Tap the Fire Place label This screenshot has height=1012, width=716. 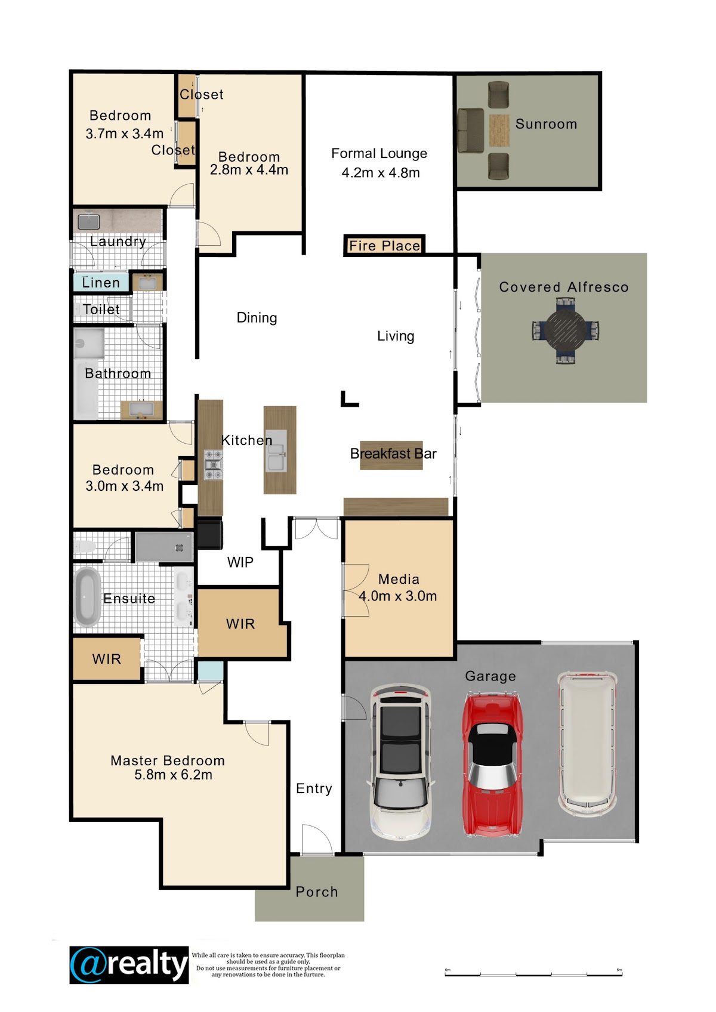385,246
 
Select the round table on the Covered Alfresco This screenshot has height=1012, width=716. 566,331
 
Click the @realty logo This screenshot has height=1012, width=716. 129,964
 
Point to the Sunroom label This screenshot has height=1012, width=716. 546,124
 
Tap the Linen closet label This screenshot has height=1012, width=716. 101,283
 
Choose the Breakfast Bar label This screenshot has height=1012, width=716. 393,453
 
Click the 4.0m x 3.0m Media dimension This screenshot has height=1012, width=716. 398,596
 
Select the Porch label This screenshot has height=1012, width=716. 316,892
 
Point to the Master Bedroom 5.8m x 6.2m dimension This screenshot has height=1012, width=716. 173,775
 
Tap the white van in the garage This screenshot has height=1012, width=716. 587,742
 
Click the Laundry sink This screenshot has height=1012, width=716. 88,221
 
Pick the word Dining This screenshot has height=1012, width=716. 257,318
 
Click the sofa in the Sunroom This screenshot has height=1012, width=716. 471,130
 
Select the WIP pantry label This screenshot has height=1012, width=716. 240,562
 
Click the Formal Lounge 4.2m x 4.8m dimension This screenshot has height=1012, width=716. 381,172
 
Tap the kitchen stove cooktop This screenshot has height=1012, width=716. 214,465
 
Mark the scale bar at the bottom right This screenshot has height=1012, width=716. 534,974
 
